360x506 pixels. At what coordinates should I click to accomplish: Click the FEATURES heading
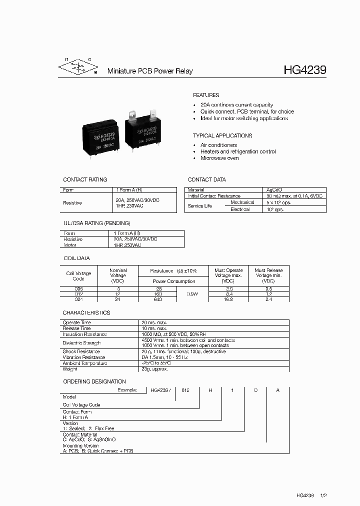click(206, 95)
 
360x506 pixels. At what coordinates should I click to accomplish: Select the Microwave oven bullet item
click(219, 158)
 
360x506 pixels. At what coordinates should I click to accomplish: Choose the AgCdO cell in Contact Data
click(275, 190)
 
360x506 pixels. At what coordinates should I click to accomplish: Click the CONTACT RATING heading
click(85, 179)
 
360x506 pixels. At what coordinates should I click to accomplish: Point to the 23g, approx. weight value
click(154, 369)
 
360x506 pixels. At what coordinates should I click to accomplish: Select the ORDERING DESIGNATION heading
click(94, 381)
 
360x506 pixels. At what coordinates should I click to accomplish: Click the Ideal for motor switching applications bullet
click(244, 118)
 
